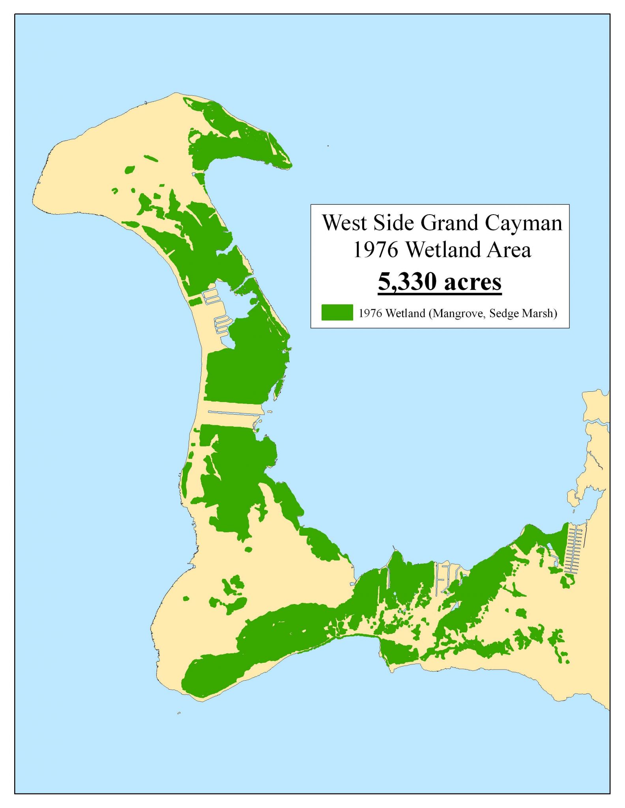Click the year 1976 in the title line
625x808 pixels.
tap(376, 250)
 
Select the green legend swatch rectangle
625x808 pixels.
tap(337, 312)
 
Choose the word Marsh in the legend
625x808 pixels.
tap(537, 313)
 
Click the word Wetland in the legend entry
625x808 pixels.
tap(406, 313)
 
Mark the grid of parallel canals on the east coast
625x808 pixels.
tap(575, 548)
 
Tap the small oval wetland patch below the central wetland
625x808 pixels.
tap(248, 549)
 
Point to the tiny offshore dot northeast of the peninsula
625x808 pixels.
tap(328, 146)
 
